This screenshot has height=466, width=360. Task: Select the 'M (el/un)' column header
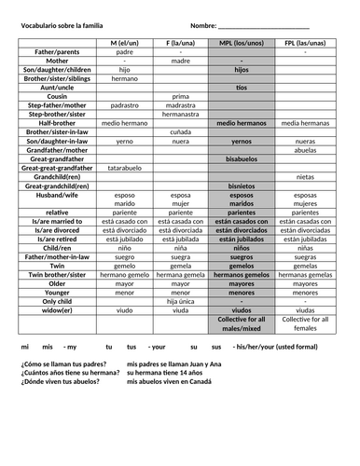[125, 43]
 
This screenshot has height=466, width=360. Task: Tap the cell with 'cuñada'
[180, 131]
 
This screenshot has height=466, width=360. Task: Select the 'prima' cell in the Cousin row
[180, 96]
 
